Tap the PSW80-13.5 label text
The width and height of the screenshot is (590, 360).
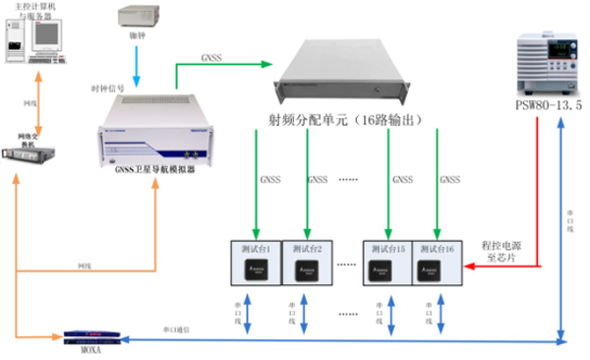(548, 103)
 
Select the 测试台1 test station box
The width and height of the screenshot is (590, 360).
(257, 262)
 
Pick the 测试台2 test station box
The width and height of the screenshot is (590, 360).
(306, 262)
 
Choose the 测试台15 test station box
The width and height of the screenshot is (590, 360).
(387, 262)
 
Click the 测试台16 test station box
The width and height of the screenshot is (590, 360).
(436, 262)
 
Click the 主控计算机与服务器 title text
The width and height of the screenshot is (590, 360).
(36, 13)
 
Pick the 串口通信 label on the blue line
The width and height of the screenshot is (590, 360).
(177, 329)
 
